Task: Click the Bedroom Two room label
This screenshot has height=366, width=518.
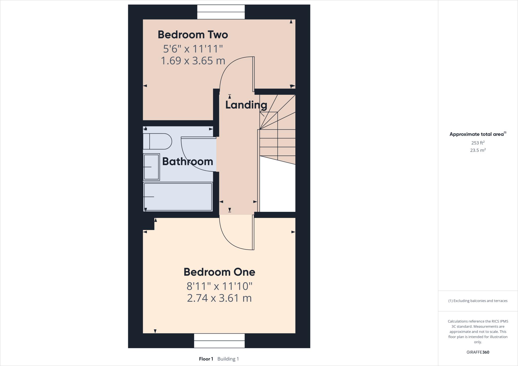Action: point(193,35)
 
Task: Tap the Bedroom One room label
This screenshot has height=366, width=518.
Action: point(219,272)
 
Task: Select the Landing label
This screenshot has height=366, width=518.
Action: point(246,105)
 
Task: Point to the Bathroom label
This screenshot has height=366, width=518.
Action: point(187,162)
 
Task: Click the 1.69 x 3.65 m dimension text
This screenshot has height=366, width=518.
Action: point(193,61)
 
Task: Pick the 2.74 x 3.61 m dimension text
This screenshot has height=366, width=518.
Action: point(219,298)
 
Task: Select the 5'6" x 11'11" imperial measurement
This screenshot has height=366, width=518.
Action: point(193,49)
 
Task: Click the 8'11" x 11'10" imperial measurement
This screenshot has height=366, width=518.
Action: point(219,286)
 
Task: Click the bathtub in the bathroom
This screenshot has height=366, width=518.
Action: point(178,197)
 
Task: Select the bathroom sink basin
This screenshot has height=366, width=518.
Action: point(151,167)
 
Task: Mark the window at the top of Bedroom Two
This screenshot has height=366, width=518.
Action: point(221,12)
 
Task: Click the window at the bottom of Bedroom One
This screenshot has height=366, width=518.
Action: point(219,340)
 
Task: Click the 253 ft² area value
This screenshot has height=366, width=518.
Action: point(478,143)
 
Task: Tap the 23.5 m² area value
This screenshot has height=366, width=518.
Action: point(478,150)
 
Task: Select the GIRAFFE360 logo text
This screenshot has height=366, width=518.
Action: point(478,352)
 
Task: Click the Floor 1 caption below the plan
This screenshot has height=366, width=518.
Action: point(206,359)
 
